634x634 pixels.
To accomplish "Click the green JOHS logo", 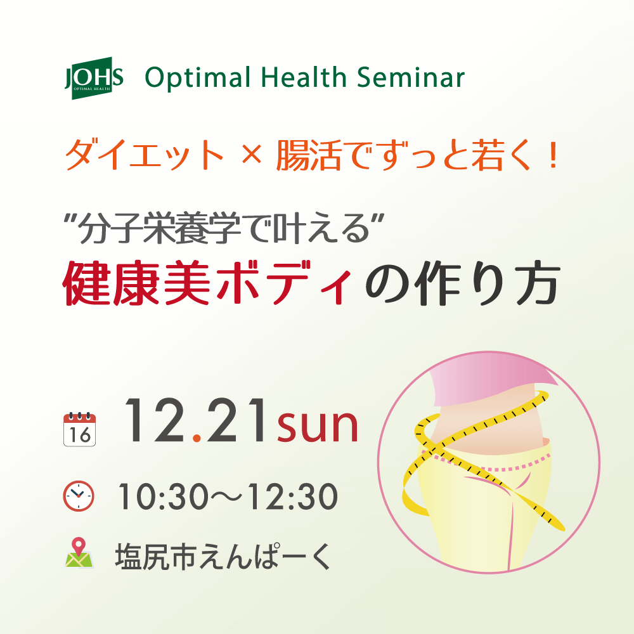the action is [x=94, y=78].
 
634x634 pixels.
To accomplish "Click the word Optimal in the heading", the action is [x=198, y=77].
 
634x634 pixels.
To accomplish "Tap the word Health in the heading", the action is [x=304, y=77].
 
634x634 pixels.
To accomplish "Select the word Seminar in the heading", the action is [x=411, y=77].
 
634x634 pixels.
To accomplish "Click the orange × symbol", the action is [x=251, y=154].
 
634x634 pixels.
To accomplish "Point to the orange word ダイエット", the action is [x=145, y=154].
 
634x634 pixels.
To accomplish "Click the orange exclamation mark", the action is [x=553, y=155].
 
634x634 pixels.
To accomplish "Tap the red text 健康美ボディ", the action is [x=208, y=283].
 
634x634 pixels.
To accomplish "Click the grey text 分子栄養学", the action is [x=160, y=228].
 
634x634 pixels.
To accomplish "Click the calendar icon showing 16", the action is [x=80, y=429].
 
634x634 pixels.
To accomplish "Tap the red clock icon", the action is [x=79, y=496].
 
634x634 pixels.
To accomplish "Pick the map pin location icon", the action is [x=79, y=553].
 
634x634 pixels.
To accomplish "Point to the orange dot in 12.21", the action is [x=197, y=437].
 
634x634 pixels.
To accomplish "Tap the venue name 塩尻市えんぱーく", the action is [x=224, y=557].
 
